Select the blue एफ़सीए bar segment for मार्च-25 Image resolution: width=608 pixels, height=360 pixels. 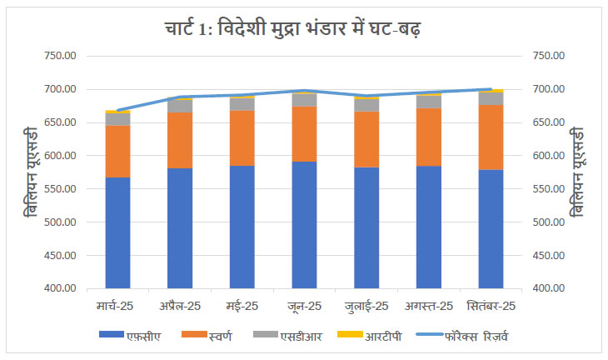117,232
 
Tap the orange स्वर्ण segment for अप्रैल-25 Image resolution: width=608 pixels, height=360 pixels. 180,140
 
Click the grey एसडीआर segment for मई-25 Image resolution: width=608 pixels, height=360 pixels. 242,104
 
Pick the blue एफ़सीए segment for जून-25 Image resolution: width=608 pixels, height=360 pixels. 304,225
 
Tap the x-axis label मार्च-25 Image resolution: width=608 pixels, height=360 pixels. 117,306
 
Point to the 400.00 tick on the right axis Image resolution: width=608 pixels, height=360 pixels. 547,289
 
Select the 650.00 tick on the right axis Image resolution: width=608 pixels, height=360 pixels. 547,122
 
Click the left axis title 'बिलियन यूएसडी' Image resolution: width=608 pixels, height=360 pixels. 32,172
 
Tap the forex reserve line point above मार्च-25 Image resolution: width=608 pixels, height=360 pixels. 117,110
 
